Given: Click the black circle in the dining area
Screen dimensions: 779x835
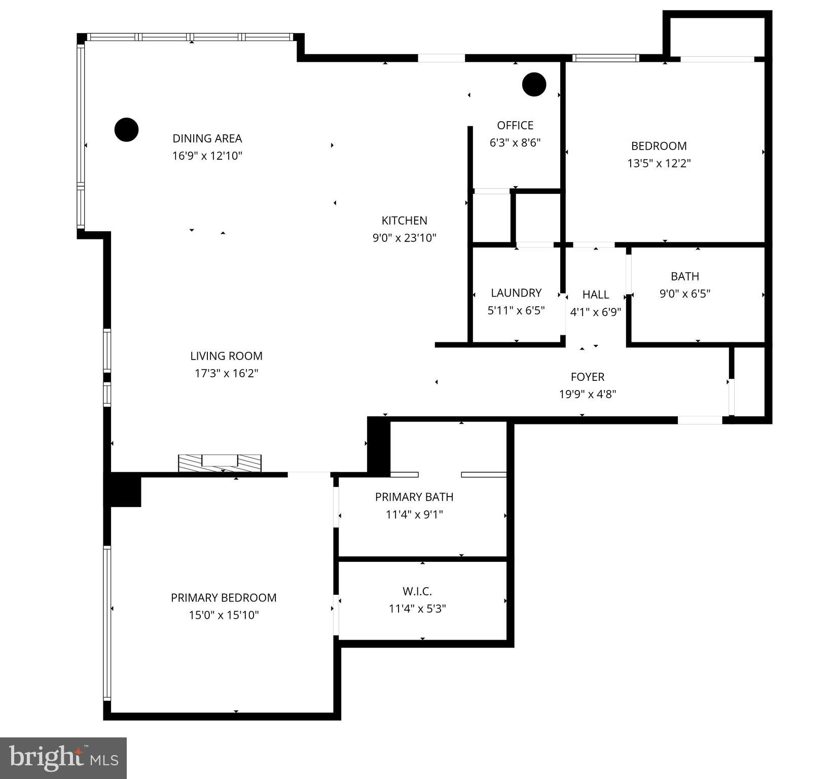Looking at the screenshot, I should [x=126, y=130].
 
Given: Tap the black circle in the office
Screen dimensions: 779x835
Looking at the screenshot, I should [x=534, y=84].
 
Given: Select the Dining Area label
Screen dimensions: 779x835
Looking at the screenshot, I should [x=207, y=138].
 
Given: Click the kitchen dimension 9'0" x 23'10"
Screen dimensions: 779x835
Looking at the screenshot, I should [x=404, y=238].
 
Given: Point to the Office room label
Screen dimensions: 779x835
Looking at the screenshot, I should [x=515, y=125].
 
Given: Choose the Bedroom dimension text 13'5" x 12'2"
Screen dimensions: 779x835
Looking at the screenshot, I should [x=659, y=163].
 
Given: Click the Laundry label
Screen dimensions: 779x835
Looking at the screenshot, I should [x=516, y=293].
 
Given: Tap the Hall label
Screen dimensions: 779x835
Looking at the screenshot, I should [x=595, y=295].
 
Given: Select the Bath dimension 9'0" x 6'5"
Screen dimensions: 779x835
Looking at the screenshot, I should [x=684, y=294].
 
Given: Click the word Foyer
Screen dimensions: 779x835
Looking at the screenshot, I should [x=587, y=377].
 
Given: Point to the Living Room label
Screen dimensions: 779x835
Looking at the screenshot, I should [x=226, y=356].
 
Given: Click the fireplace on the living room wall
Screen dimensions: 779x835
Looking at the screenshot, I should [x=220, y=463].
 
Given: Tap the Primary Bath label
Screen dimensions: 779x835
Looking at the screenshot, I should [x=414, y=497].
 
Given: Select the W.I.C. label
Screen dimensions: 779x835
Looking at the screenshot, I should [x=417, y=591].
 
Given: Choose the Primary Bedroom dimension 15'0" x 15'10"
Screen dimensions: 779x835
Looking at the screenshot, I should [x=224, y=615].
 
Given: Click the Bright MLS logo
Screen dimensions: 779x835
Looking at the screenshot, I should [x=63, y=758].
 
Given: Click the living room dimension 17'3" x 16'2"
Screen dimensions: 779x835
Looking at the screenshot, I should [x=226, y=374].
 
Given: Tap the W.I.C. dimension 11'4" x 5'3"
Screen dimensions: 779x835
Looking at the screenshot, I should [x=417, y=609].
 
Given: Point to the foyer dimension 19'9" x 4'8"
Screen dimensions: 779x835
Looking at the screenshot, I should [x=587, y=394].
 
